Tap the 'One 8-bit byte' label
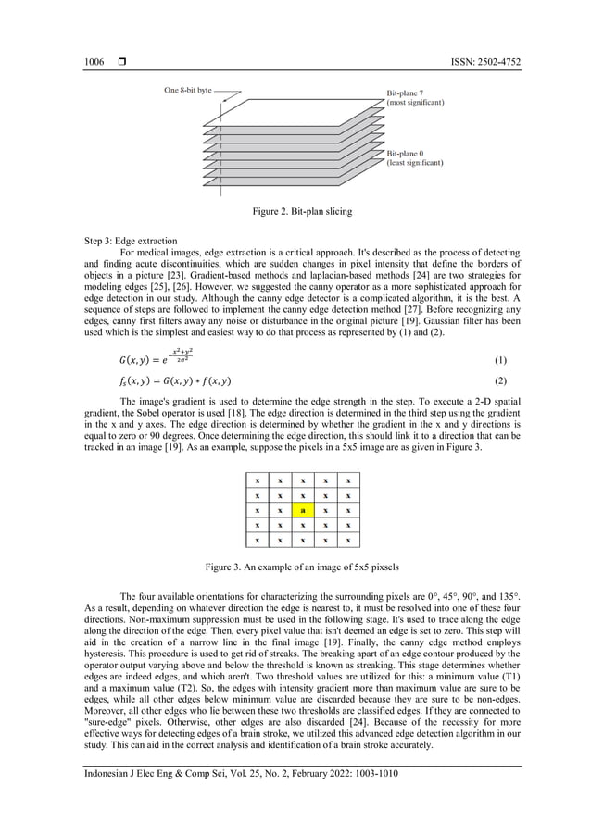188,91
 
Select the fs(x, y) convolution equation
162,380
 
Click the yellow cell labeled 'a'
302,510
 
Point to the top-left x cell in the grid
257,480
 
